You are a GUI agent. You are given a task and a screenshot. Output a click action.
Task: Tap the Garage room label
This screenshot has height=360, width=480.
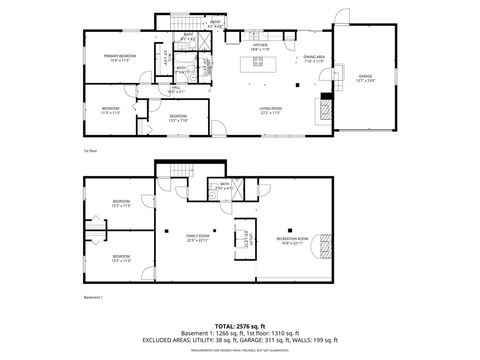(x=366, y=78)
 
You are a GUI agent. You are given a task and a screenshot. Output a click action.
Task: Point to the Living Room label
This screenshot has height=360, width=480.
(x=270, y=111)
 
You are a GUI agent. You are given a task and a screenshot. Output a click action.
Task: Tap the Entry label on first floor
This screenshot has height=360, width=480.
(x=216, y=24)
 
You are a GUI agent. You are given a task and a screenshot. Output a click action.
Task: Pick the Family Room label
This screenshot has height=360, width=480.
(x=197, y=238)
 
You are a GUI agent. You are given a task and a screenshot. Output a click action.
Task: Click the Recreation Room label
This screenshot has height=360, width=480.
(x=292, y=240)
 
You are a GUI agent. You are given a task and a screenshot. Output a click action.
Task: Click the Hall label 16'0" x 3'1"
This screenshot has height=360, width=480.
(x=176, y=90)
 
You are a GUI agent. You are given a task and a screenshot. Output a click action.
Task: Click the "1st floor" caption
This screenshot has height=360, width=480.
(x=90, y=151)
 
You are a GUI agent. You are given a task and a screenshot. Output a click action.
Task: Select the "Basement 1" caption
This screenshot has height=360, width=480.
(x=93, y=297)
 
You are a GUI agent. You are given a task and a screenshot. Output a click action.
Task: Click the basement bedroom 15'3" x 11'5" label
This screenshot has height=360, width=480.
(x=121, y=203)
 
